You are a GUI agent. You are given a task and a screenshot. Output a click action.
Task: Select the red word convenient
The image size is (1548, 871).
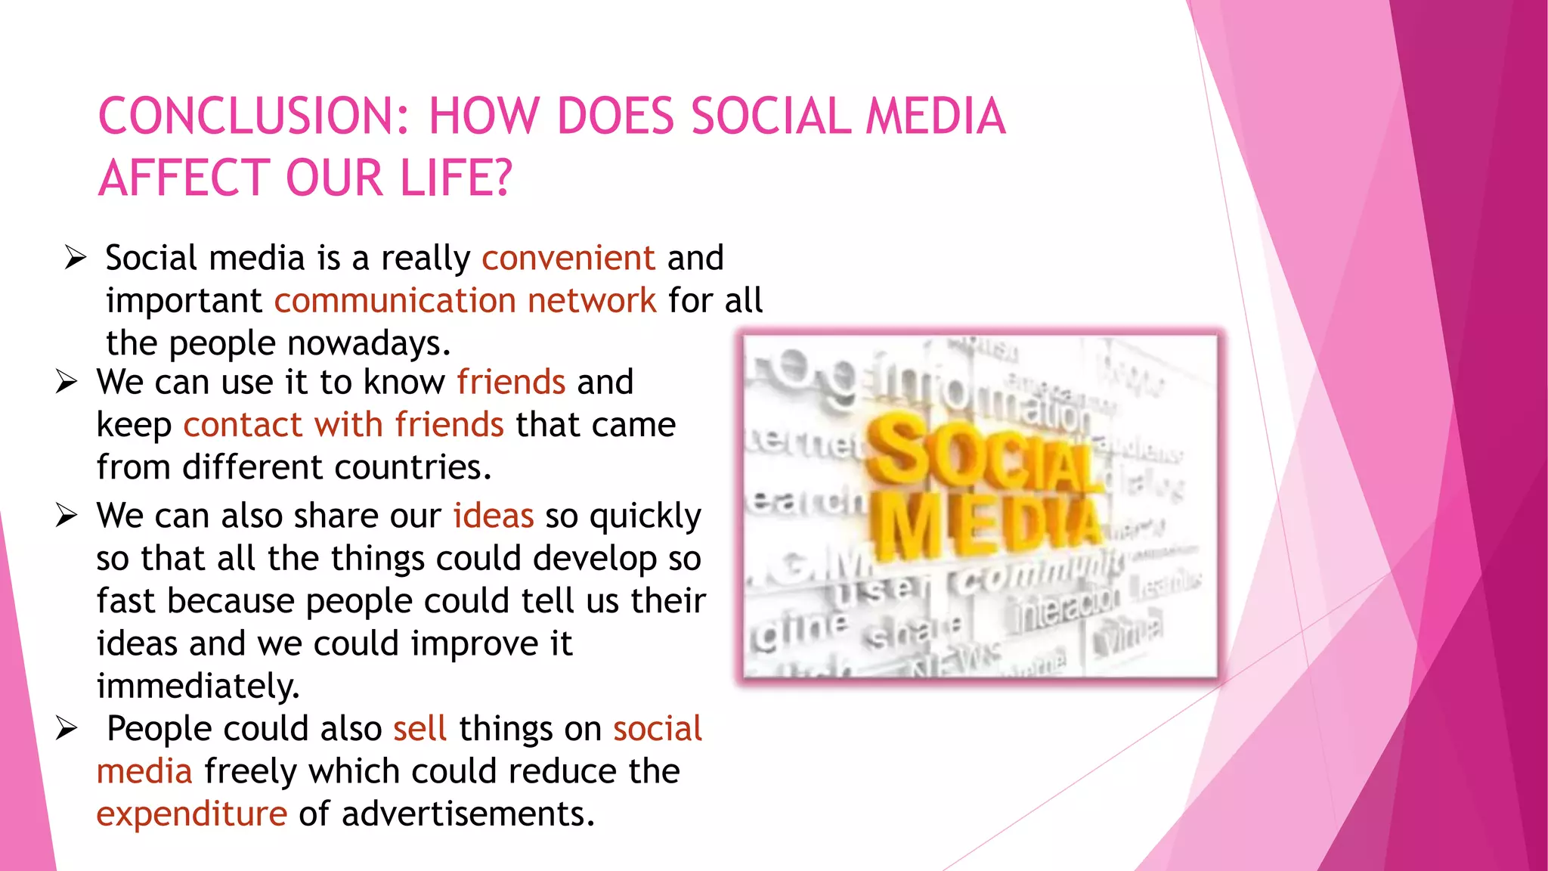568,258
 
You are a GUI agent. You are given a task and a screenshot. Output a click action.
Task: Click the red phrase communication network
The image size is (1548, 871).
465,301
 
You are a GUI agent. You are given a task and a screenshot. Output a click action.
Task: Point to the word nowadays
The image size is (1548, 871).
369,344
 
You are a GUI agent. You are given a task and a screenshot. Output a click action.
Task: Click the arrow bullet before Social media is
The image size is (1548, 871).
76,258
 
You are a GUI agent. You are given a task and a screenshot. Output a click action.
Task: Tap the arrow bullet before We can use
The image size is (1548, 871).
67,382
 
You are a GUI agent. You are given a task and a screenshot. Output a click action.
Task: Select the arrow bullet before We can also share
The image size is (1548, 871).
67,516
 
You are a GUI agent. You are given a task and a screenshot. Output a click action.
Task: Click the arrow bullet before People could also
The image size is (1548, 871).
67,729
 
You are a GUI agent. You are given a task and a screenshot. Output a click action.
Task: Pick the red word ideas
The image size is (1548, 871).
494,516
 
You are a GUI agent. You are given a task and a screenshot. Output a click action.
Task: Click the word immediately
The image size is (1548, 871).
198,687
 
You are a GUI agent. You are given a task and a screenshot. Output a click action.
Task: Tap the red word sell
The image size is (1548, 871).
420,729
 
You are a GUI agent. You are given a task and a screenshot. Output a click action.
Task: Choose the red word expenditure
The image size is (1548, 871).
192,814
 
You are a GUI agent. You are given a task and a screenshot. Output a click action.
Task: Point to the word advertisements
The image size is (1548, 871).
468,814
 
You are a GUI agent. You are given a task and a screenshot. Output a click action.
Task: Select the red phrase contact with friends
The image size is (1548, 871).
343,425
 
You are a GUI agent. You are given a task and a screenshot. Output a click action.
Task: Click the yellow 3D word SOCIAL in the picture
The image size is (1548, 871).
983,454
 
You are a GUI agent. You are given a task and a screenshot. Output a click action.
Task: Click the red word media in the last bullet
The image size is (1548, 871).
144,772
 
